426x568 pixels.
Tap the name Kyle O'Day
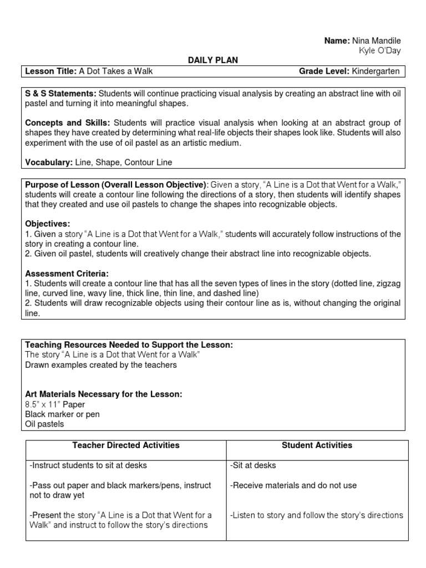[380, 51]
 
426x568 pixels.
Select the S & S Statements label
[60, 94]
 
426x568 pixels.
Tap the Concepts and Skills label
[68, 123]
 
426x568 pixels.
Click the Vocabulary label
[46, 163]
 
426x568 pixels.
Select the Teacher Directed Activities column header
[126, 445]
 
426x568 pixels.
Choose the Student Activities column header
[317, 445]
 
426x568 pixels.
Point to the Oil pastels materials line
[44, 424]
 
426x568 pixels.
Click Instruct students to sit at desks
[88, 465]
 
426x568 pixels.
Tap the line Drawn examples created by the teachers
[101, 364]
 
